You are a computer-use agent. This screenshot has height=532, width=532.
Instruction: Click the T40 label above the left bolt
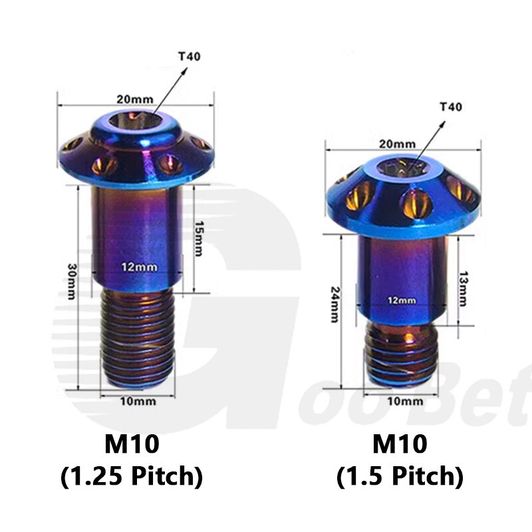point(190,56)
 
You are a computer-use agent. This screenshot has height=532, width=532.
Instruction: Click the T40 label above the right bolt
point(451,107)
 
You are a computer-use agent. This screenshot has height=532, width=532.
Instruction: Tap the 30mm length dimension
point(72,281)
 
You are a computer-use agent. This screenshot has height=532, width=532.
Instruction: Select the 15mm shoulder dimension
point(198,239)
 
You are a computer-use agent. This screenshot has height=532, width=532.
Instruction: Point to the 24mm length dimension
point(335,305)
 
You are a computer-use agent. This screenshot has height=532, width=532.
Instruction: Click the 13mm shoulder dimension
point(463,289)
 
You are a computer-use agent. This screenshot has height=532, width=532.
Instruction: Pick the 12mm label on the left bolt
point(140,267)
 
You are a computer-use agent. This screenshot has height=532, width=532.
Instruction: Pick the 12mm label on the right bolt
point(402,301)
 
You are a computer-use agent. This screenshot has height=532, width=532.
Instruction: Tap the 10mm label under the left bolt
point(138,402)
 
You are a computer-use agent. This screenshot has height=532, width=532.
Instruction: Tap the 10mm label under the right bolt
point(405,402)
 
